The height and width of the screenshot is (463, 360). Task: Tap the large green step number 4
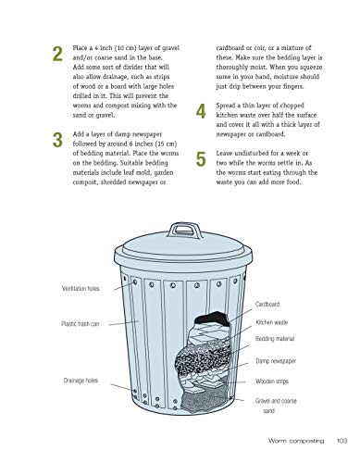click(202, 113)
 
